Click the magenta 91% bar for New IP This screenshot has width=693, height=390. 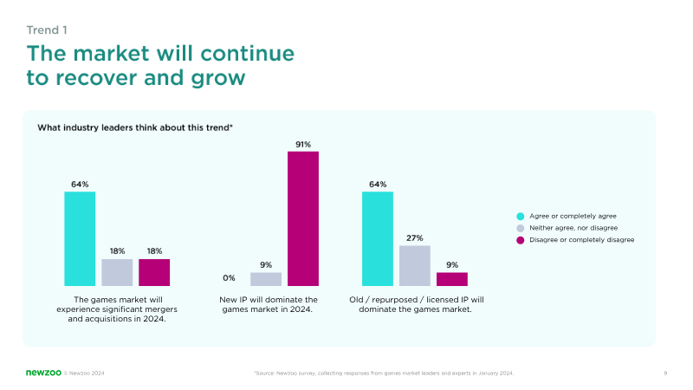pyautogui.click(x=303, y=218)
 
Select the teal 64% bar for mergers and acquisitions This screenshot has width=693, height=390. pyautogui.click(x=80, y=238)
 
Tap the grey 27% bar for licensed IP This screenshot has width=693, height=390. pyautogui.click(x=415, y=265)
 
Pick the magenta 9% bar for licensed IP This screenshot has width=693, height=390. pyautogui.click(x=452, y=279)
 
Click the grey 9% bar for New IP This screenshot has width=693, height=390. pyautogui.click(x=266, y=279)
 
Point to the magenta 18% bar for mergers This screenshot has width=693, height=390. pyautogui.click(x=154, y=272)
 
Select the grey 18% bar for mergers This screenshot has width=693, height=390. pyautogui.click(x=117, y=272)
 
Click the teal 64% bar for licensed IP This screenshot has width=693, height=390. pyautogui.click(x=378, y=238)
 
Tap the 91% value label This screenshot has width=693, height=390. pyautogui.click(x=303, y=144)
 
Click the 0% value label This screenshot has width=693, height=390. pyautogui.click(x=229, y=278)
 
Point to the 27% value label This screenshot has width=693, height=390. pyautogui.click(x=415, y=237)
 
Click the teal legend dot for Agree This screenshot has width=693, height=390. pyautogui.click(x=521, y=215)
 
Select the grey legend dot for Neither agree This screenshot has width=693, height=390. pyautogui.click(x=521, y=227)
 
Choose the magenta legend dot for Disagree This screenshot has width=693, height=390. pyautogui.click(x=521, y=239)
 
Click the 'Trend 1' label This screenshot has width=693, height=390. pyautogui.click(x=48, y=30)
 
